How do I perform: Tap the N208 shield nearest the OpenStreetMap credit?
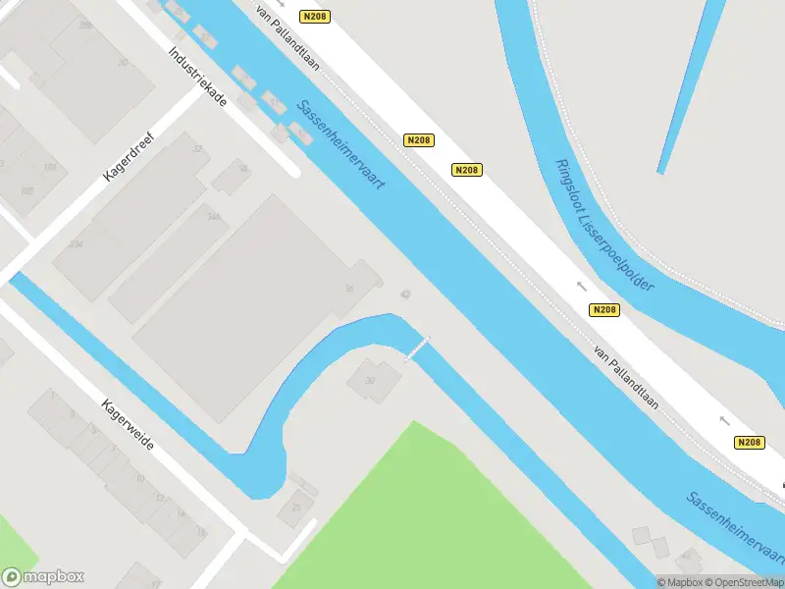748,443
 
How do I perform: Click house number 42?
405,294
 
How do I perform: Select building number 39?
370,380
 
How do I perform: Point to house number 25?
296,509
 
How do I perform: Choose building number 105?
26,190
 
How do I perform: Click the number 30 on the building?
123,62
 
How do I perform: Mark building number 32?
198,149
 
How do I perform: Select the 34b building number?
213,218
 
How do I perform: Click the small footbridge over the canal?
419,348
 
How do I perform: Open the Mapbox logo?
43,577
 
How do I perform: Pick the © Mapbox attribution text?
678,581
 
